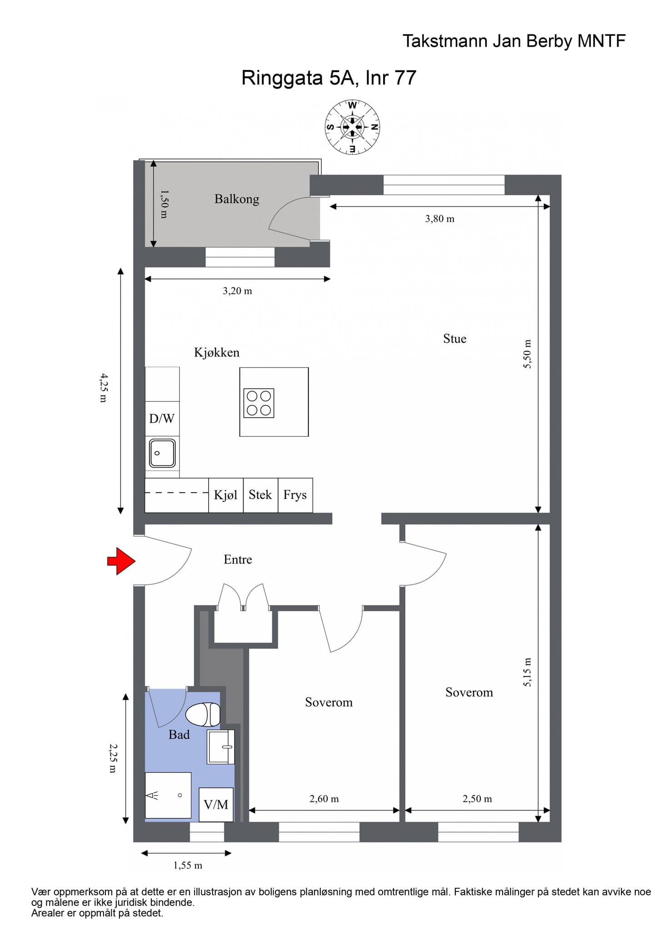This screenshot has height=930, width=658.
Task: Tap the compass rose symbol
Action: [x=352, y=127]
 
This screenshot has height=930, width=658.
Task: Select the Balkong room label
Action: [x=237, y=199]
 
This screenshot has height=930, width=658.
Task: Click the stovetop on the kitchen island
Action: [x=259, y=403]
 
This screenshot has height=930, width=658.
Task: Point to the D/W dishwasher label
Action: [x=162, y=418]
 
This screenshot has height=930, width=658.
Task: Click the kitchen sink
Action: [x=162, y=453]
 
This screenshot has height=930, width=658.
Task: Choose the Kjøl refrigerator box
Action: [x=226, y=495]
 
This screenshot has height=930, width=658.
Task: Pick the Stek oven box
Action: [x=260, y=495]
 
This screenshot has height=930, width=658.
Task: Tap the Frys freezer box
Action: [x=295, y=495]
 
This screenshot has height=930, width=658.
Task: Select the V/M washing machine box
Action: [x=216, y=805]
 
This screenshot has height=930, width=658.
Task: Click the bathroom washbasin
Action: [x=221, y=747]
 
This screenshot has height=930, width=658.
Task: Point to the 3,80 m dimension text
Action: [x=440, y=219]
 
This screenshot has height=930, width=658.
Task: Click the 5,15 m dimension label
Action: [x=527, y=672]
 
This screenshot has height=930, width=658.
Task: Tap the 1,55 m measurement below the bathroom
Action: [x=188, y=866]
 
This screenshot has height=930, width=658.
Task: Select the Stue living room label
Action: [x=455, y=339]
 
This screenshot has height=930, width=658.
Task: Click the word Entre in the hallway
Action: [x=238, y=559]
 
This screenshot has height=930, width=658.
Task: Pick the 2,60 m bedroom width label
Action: [x=324, y=799]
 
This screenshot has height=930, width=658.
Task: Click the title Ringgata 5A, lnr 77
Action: [x=329, y=78]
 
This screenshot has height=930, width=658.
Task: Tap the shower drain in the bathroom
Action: [x=180, y=795]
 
